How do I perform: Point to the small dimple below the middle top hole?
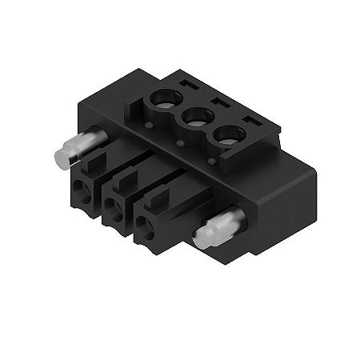click(x=182, y=144)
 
